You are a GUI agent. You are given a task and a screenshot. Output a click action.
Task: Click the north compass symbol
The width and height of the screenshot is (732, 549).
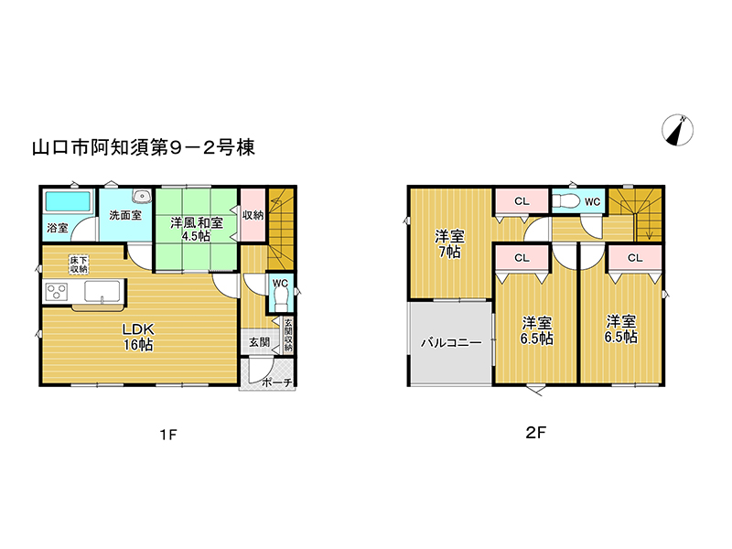coord(677,129)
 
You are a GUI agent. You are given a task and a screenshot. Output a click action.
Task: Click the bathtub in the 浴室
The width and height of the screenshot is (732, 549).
coord(68,201)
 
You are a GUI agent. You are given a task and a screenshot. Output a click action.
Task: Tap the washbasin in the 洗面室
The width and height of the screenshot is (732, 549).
coord(141,196)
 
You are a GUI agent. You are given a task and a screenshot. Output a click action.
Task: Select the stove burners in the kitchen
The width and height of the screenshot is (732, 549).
coord(57,292)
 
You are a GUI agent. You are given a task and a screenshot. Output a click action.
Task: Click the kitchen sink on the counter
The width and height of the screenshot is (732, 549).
coord(102,291)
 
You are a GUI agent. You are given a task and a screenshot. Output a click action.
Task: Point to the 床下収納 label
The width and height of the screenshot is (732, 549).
coord(79,264)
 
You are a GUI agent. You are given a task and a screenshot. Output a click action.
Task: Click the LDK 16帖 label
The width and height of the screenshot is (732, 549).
coord(138,337)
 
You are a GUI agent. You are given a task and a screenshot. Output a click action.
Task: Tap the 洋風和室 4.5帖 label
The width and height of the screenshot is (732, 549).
coord(197,229)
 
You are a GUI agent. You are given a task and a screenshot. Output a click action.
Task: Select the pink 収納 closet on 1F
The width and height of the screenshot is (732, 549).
coord(253,215)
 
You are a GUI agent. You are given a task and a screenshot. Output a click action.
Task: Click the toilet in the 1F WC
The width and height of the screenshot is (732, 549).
coord(281,299)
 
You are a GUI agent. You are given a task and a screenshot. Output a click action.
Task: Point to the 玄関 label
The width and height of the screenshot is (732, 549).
coord(259,342)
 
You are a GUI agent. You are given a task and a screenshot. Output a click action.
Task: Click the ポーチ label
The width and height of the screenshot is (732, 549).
coord(277,382)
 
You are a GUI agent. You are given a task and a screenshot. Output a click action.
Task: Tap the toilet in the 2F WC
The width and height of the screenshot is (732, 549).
coord(565,201)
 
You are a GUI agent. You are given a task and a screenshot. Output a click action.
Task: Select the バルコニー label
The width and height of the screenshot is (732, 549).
coord(451,343)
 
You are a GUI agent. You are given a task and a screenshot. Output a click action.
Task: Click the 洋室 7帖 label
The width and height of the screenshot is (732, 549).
coord(449,243)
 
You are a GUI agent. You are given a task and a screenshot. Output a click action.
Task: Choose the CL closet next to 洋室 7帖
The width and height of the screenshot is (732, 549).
coord(522,201)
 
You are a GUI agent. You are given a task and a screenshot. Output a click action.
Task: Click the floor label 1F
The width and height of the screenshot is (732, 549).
coord(168,436)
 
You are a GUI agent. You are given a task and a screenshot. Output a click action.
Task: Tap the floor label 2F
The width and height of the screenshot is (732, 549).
coord(535,433)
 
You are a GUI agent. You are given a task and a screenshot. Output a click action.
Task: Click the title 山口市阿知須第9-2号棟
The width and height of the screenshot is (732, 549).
coord(144,147)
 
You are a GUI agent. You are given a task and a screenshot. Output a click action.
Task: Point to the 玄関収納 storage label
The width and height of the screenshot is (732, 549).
coord(288,335)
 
